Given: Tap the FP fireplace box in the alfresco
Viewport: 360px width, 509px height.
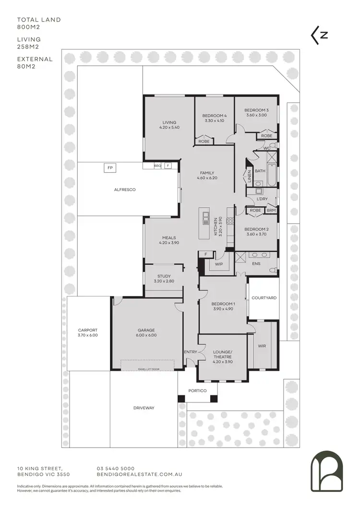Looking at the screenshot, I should tap(110, 168).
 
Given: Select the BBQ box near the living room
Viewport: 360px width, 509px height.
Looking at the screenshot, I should tap(157, 166).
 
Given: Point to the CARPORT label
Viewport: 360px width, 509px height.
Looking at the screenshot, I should tap(88, 332).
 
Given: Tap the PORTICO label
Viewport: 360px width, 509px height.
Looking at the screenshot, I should tap(197, 391).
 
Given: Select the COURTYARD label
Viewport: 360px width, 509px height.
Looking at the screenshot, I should tap(264, 298).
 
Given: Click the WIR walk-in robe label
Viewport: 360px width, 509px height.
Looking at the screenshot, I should tap(262, 346).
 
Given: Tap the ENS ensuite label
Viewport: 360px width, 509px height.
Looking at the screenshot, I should tap(256, 263).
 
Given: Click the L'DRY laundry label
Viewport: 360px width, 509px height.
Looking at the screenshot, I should tap(262, 199).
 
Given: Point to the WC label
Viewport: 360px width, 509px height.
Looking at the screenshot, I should tap(267, 148).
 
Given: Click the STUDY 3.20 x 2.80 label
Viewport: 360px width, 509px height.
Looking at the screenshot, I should tap(164, 278).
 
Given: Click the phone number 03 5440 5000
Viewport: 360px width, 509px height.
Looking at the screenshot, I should tap(116, 468).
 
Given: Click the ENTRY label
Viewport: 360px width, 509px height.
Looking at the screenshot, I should tap(191, 352).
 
